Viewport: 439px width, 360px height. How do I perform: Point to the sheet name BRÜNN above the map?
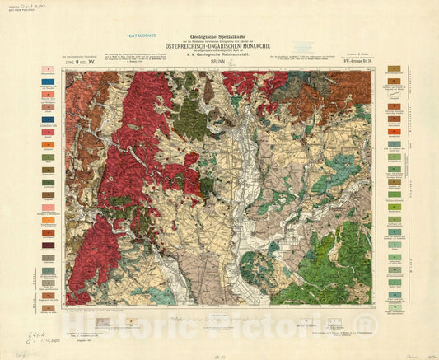[218, 63]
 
